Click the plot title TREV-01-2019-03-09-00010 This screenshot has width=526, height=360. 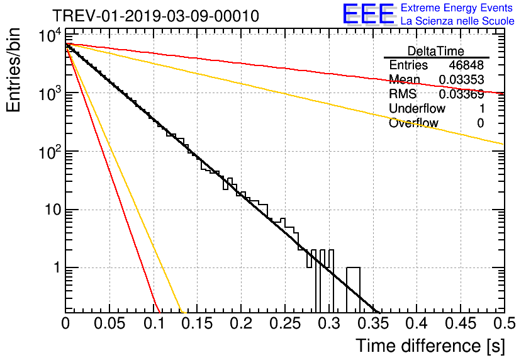[x=155, y=16]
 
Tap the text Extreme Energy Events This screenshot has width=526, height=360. [x=457, y=8]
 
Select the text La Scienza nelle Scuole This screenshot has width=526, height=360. [x=457, y=21]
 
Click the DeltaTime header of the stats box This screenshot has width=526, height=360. [x=436, y=51]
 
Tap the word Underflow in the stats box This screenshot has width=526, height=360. [x=417, y=109]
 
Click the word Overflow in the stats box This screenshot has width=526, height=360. [x=413, y=123]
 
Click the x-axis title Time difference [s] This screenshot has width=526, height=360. [x=430, y=346]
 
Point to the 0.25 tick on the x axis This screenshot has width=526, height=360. [x=284, y=324]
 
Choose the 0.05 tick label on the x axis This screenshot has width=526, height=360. [x=109, y=324]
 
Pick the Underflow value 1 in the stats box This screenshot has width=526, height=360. [x=481, y=109]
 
